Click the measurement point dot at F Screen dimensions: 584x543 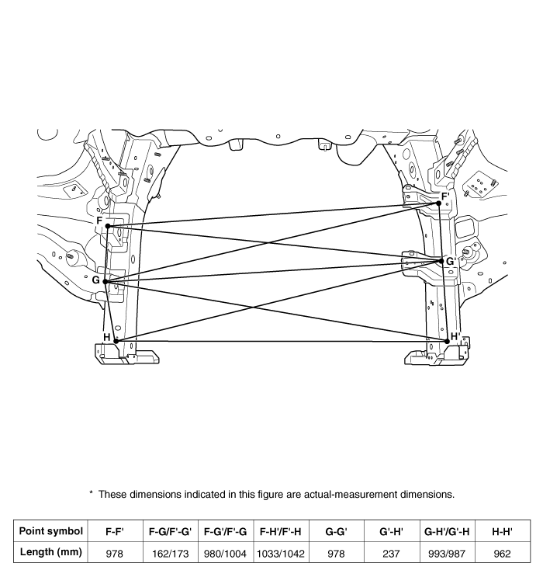pyautogui.click(x=108, y=226)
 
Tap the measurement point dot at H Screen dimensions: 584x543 pyautogui.click(x=116, y=340)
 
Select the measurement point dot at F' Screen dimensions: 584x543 pyautogui.click(x=439, y=203)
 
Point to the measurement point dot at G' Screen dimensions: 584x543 pyautogui.click(x=441, y=262)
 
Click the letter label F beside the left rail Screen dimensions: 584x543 pyautogui.click(x=99, y=221)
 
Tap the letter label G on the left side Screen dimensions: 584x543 pyautogui.click(x=95, y=280)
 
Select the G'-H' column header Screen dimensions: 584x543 pyautogui.click(x=391, y=531)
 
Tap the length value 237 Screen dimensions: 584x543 pyautogui.click(x=391, y=555)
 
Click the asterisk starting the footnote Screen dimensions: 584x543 pyautogui.click(x=91, y=493)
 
